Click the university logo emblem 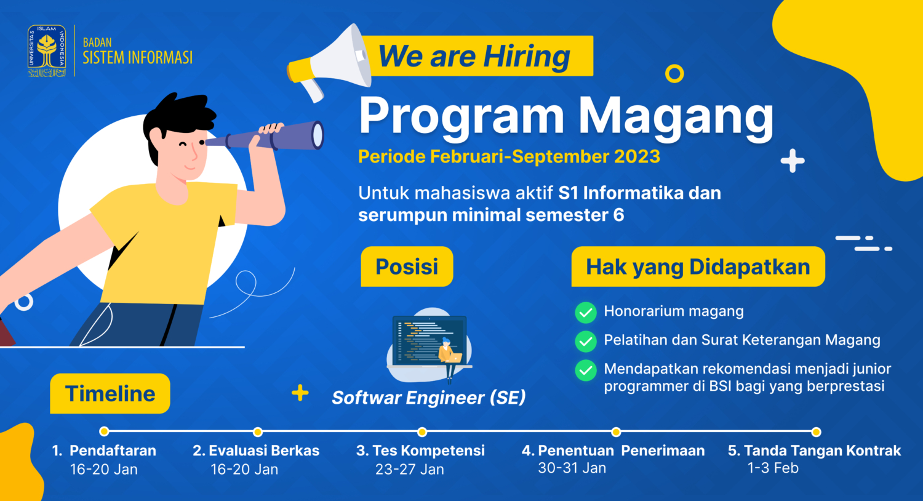[46, 51]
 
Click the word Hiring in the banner [527, 57]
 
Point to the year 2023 [637, 156]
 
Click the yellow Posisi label [407, 267]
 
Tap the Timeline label [110, 393]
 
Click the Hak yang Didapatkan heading [698, 267]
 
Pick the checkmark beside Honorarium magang [585, 313]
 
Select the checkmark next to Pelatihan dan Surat [585, 341]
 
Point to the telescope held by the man [271, 136]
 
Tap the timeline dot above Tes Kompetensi [422, 431]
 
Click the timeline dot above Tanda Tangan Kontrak [816, 431]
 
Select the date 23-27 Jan [410, 469]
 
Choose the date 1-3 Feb [773, 468]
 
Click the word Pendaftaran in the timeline [113, 451]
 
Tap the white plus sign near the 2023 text [793, 161]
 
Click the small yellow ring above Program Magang [674, 74]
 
